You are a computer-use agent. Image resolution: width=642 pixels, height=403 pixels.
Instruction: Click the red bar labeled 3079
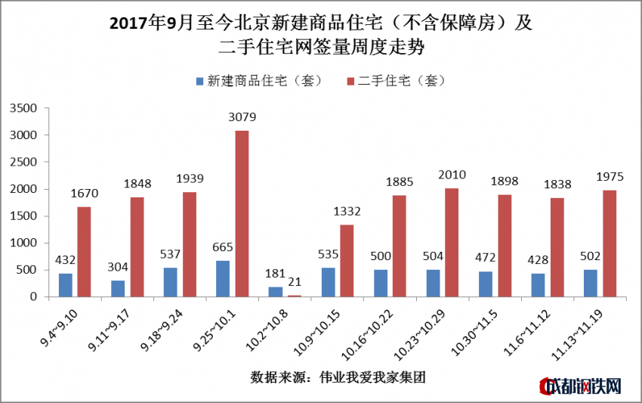242,213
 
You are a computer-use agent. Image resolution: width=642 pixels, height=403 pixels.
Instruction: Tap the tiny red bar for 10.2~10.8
294,296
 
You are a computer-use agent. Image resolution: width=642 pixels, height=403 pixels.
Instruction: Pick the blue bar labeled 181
276,291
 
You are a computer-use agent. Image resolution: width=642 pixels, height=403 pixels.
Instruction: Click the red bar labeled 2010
452,242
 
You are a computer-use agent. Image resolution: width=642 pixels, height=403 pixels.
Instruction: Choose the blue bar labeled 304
118,288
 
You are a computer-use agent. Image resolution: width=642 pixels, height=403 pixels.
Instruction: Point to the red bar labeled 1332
347,260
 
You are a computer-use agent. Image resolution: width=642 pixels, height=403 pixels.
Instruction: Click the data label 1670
84,194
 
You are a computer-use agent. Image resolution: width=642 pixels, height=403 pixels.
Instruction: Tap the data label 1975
610,177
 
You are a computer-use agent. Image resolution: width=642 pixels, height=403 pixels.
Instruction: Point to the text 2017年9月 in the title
146,23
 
